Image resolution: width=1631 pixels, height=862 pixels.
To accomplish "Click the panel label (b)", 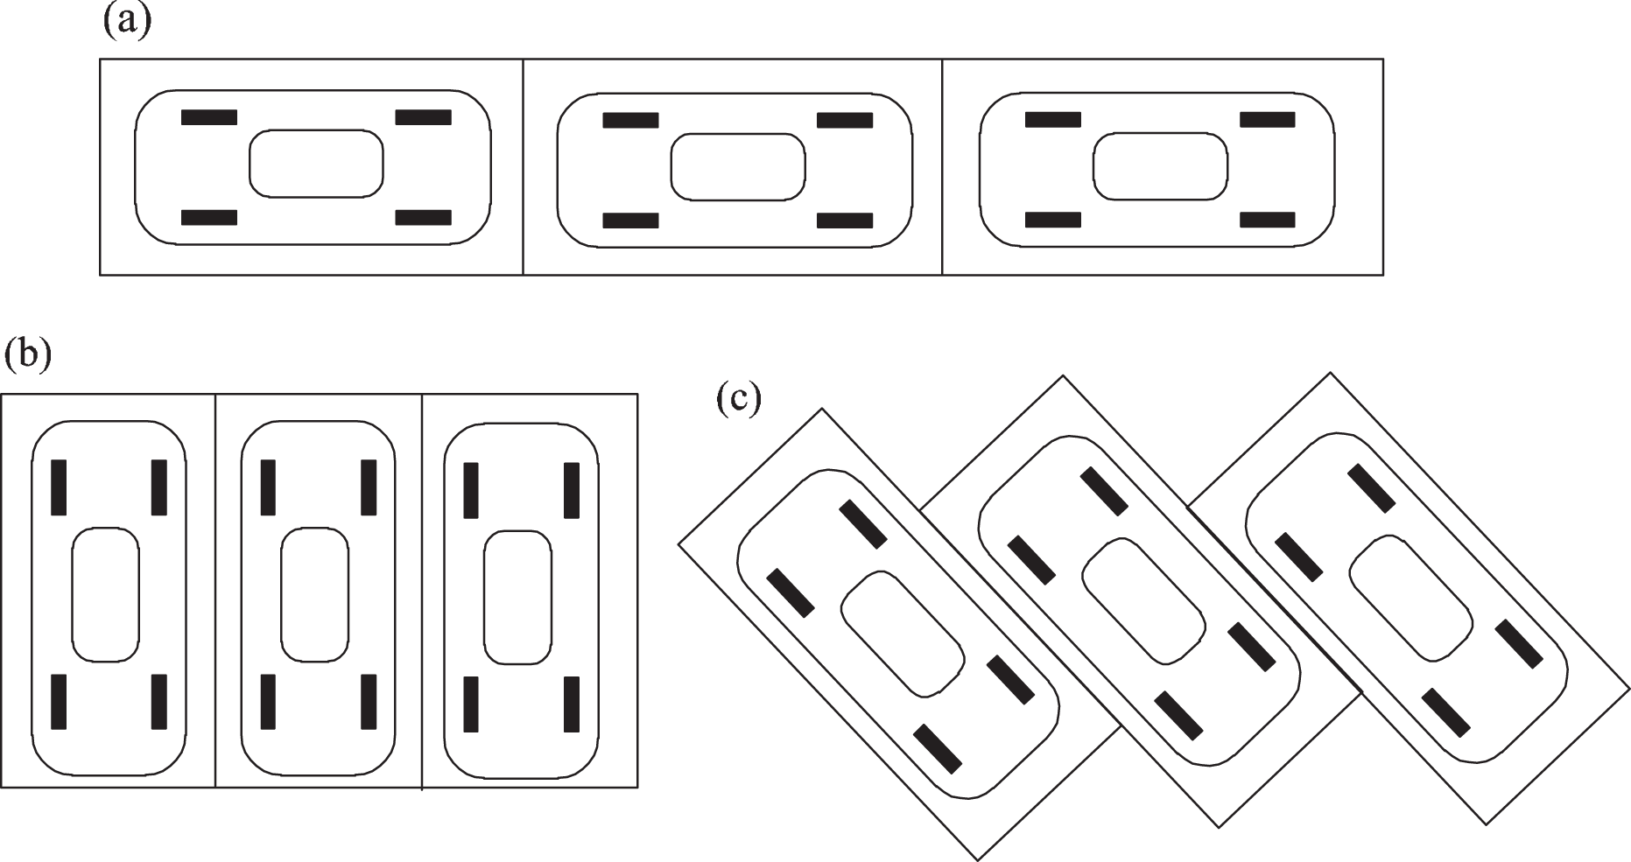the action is tap(27, 356).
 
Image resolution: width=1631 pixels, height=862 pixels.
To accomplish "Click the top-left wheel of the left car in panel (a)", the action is tap(209, 117).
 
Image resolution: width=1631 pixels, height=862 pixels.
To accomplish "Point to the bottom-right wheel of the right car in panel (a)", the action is tap(1267, 219).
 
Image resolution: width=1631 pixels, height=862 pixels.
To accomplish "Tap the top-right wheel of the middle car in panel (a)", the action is tap(845, 120).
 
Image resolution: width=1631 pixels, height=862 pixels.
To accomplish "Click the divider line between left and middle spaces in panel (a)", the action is tap(524, 167).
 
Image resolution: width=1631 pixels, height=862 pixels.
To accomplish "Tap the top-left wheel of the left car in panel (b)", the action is tap(59, 487).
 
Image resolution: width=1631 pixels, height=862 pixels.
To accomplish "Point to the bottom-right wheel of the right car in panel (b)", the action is tap(571, 704).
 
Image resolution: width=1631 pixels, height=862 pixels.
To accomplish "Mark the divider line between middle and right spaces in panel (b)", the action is tap(422, 591).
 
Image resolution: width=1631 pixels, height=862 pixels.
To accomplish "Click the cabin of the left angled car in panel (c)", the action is tap(903, 635).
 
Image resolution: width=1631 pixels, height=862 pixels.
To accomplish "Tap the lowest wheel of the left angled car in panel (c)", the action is tap(938, 749).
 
